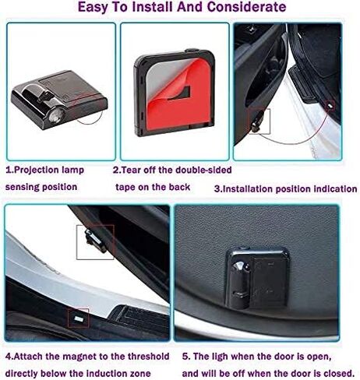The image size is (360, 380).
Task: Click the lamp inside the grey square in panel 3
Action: point(257,121)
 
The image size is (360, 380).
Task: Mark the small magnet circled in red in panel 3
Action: point(330,106)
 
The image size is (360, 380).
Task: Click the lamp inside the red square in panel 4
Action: point(96,241)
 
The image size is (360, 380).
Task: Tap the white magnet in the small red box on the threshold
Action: point(79,318)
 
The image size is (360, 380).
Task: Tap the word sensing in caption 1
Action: point(20,188)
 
